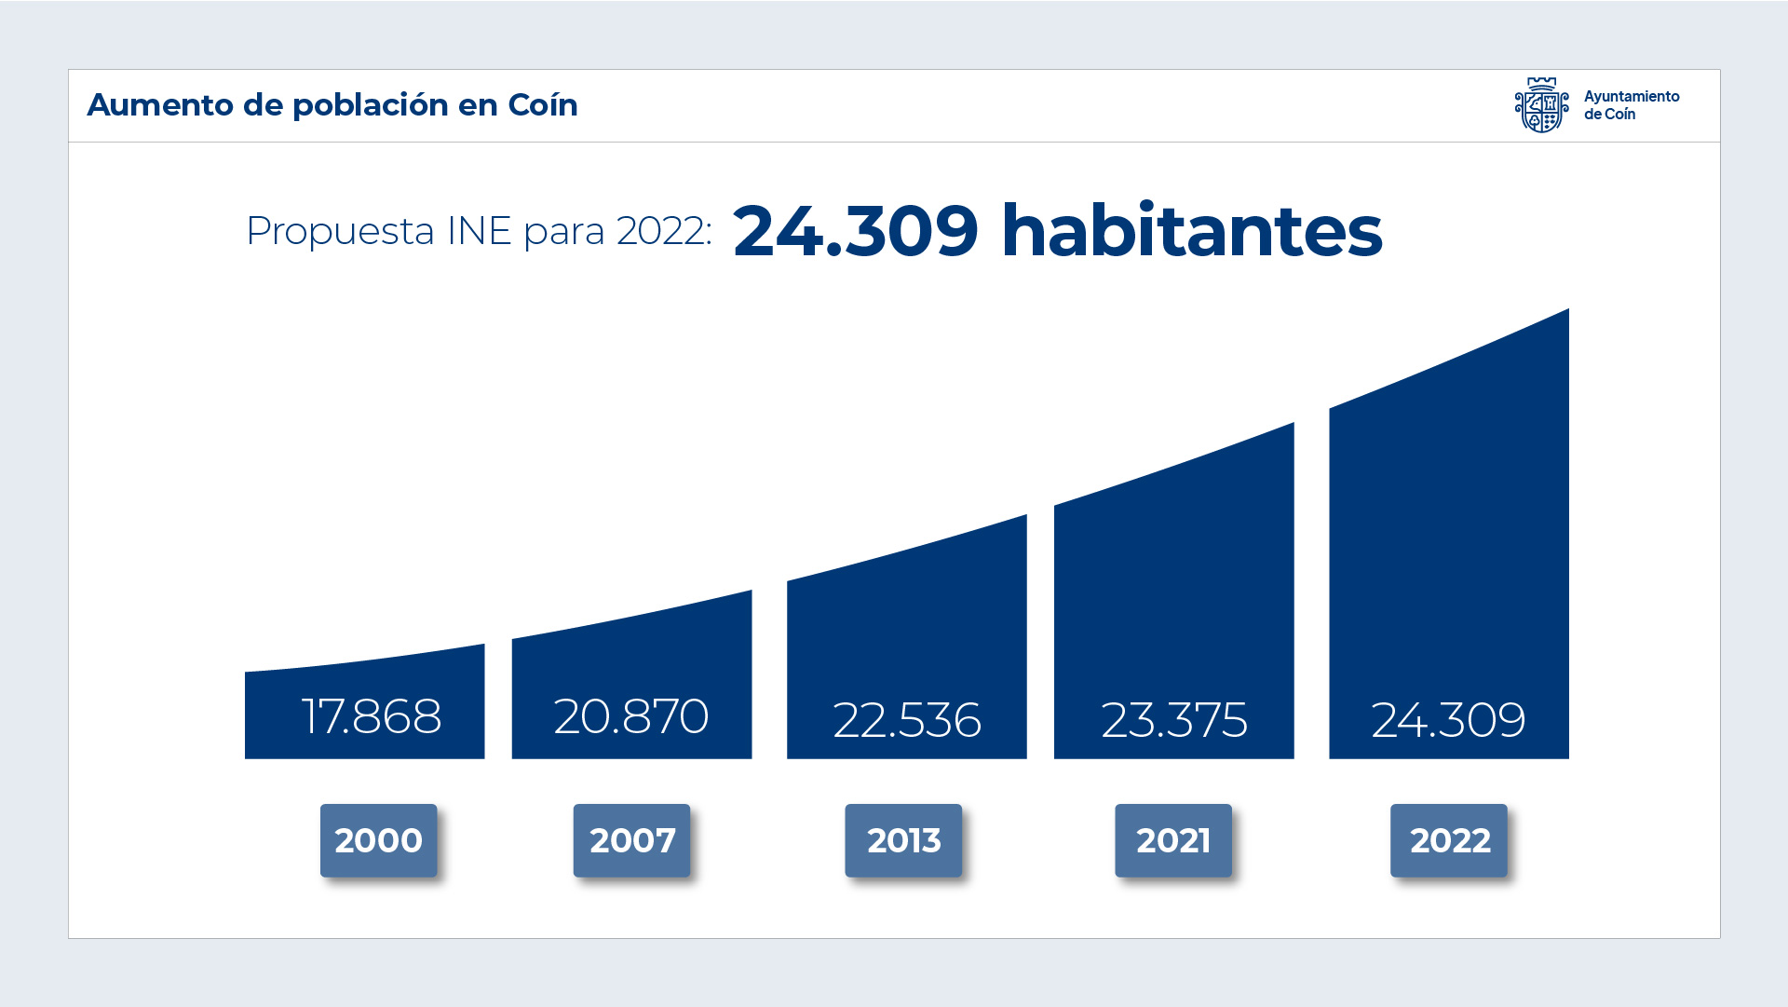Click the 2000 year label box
coord(378,840)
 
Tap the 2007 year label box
coord(631,840)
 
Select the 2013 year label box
coord(903,840)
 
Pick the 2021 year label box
coord(1173,840)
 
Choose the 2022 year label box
coord(1449,840)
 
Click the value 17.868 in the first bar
coord(372,716)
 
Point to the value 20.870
coord(631,716)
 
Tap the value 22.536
coord(907,720)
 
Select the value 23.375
coord(1174,720)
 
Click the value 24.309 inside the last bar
coord(1448,720)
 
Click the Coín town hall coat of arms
coord(1541,105)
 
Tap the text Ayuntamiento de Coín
coord(1631,105)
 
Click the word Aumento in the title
coord(160,105)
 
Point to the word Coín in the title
coord(543,105)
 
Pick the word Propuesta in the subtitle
coord(340,231)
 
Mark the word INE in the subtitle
coord(479,231)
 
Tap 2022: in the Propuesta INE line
coord(664,231)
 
